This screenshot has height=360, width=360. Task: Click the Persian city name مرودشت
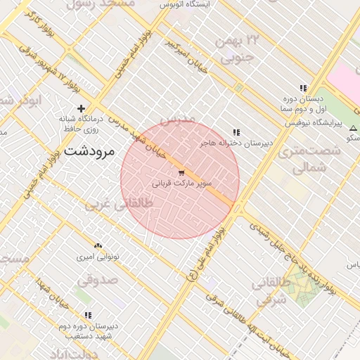point(91,151)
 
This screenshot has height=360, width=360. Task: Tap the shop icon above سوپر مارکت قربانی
point(181,172)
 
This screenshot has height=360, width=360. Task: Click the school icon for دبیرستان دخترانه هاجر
point(236,132)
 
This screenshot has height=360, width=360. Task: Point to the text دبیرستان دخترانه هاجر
point(236,143)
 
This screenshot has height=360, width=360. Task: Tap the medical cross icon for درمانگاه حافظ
point(82,108)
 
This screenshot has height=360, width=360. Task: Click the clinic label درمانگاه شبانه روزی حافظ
point(80,124)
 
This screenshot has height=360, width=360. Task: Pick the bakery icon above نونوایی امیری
point(98,246)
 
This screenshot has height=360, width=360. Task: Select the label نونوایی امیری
point(98,257)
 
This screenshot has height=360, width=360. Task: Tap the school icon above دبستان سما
point(302,89)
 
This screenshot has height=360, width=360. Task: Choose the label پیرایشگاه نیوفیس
point(313,123)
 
